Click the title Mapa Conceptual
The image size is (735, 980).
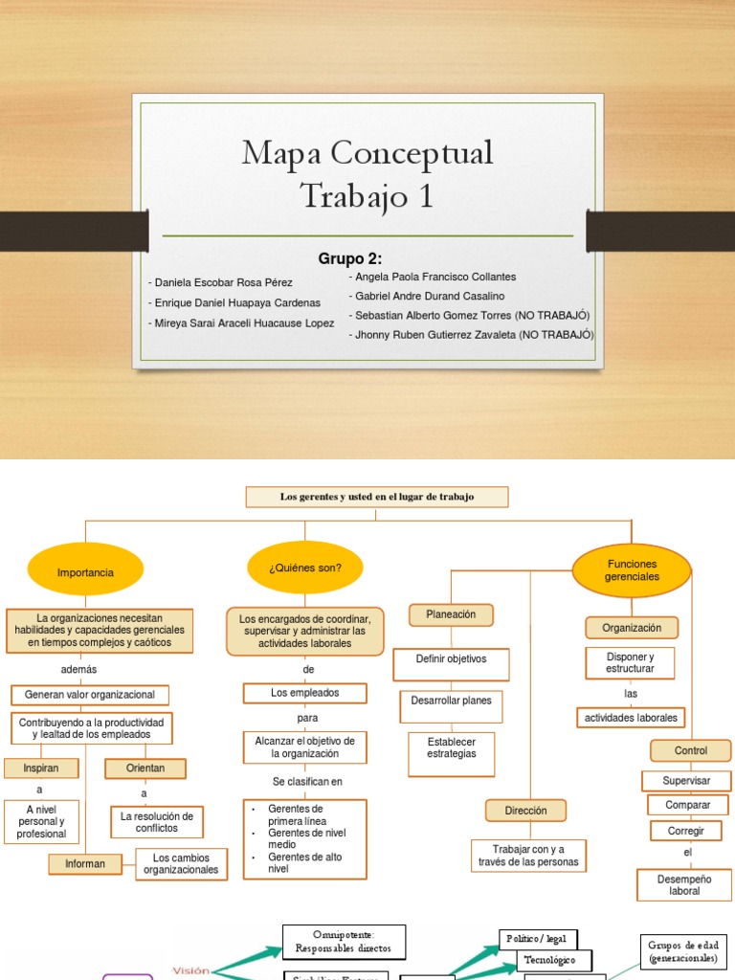367,153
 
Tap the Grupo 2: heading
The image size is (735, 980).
349,258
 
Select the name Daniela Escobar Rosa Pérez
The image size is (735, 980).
221,282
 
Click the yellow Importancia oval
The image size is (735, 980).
85,572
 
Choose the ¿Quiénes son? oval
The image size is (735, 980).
305,568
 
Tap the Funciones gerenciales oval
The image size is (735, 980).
632,570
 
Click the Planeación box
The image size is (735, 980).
451,615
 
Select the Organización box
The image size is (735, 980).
632,628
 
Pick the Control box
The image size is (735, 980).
691,750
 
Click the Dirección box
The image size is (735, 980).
525,811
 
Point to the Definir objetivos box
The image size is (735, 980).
451,659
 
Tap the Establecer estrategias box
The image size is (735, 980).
451,747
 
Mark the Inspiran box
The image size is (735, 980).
40,768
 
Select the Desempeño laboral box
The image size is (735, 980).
684,884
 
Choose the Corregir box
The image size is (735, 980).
685,831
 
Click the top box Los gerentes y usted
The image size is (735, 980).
377,497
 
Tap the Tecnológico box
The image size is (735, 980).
555,960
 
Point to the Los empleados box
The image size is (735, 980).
305,693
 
